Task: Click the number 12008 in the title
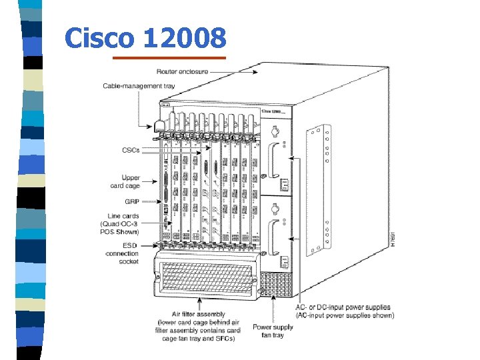[184, 39]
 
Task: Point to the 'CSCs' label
[131, 151]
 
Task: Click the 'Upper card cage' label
[126, 181]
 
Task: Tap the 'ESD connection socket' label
[122, 253]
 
